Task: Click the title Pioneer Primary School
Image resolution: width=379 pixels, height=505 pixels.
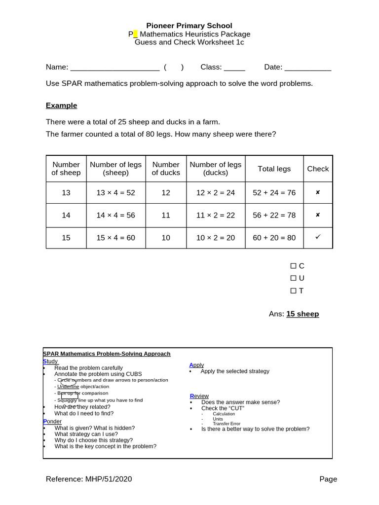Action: [x=189, y=26]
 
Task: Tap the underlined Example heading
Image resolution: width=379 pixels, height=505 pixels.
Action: [x=61, y=106]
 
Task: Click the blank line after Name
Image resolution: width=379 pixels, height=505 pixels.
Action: [x=114, y=68]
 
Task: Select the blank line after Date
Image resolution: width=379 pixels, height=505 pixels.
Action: [x=308, y=68]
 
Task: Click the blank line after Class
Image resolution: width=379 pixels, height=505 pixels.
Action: [x=234, y=68]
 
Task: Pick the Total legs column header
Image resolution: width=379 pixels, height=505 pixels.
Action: [x=274, y=169]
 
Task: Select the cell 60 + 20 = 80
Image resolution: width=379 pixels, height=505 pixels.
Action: [x=274, y=238]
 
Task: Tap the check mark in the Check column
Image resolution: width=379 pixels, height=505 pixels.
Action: [x=318, y=237]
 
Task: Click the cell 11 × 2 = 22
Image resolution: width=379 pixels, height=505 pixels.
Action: [x=215, y=215]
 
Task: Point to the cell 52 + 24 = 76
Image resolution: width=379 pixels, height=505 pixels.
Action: [x=274, y=193]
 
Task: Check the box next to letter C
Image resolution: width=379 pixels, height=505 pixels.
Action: [x=293, y=266]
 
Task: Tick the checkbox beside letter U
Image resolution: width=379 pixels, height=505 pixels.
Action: [x=293, y=279]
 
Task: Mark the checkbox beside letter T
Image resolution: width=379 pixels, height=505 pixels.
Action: [x=293, y=291]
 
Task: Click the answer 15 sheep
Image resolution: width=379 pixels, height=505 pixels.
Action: [x=303, y=314]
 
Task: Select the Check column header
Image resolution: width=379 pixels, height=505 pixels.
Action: [x=318, y=169]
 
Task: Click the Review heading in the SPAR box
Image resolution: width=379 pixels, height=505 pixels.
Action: [x=199, y=396]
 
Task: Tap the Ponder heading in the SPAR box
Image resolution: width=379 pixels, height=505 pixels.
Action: [x=52, y=422]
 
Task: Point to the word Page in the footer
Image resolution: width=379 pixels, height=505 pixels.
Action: [x=328, y=479]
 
